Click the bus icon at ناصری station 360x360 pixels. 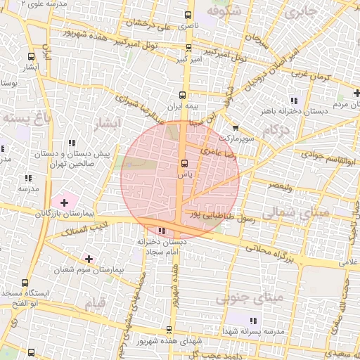(188, 15)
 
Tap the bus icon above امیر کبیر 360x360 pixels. (188, 49)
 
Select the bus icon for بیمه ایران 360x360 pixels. (183, 95)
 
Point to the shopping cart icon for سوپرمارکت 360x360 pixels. (235, 128)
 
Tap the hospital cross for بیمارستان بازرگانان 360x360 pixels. (64, 202)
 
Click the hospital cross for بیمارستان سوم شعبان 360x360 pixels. (89, 259)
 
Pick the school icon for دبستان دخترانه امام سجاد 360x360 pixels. (162, 231)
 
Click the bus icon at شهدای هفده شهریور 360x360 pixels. (169, 330)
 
